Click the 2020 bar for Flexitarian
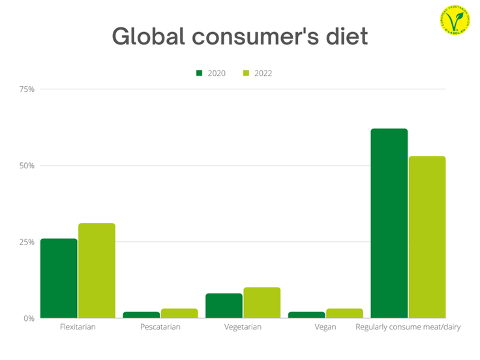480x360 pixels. point(59,278)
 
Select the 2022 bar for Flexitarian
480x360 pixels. point(97,271)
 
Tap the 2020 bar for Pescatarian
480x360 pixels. point(142,315)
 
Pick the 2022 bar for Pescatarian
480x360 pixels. point(179,314)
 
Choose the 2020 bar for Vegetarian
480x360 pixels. point(224,306)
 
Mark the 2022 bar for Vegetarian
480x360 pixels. point(262,303)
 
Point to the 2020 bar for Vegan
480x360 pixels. point(307,315)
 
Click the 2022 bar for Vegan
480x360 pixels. point(344,314)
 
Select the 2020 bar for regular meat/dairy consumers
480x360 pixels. point(389,224)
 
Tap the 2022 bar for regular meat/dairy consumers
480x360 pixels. point(427,237)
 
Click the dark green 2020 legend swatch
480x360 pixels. point(200,73)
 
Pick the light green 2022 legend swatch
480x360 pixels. point(247,73)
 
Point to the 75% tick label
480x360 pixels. point(27,89)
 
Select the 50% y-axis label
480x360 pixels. point(27,166)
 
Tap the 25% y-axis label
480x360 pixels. point(27,242)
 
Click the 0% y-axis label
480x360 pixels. point(29,318)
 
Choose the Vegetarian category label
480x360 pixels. point(243,327)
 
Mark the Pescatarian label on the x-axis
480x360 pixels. point(160,327)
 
